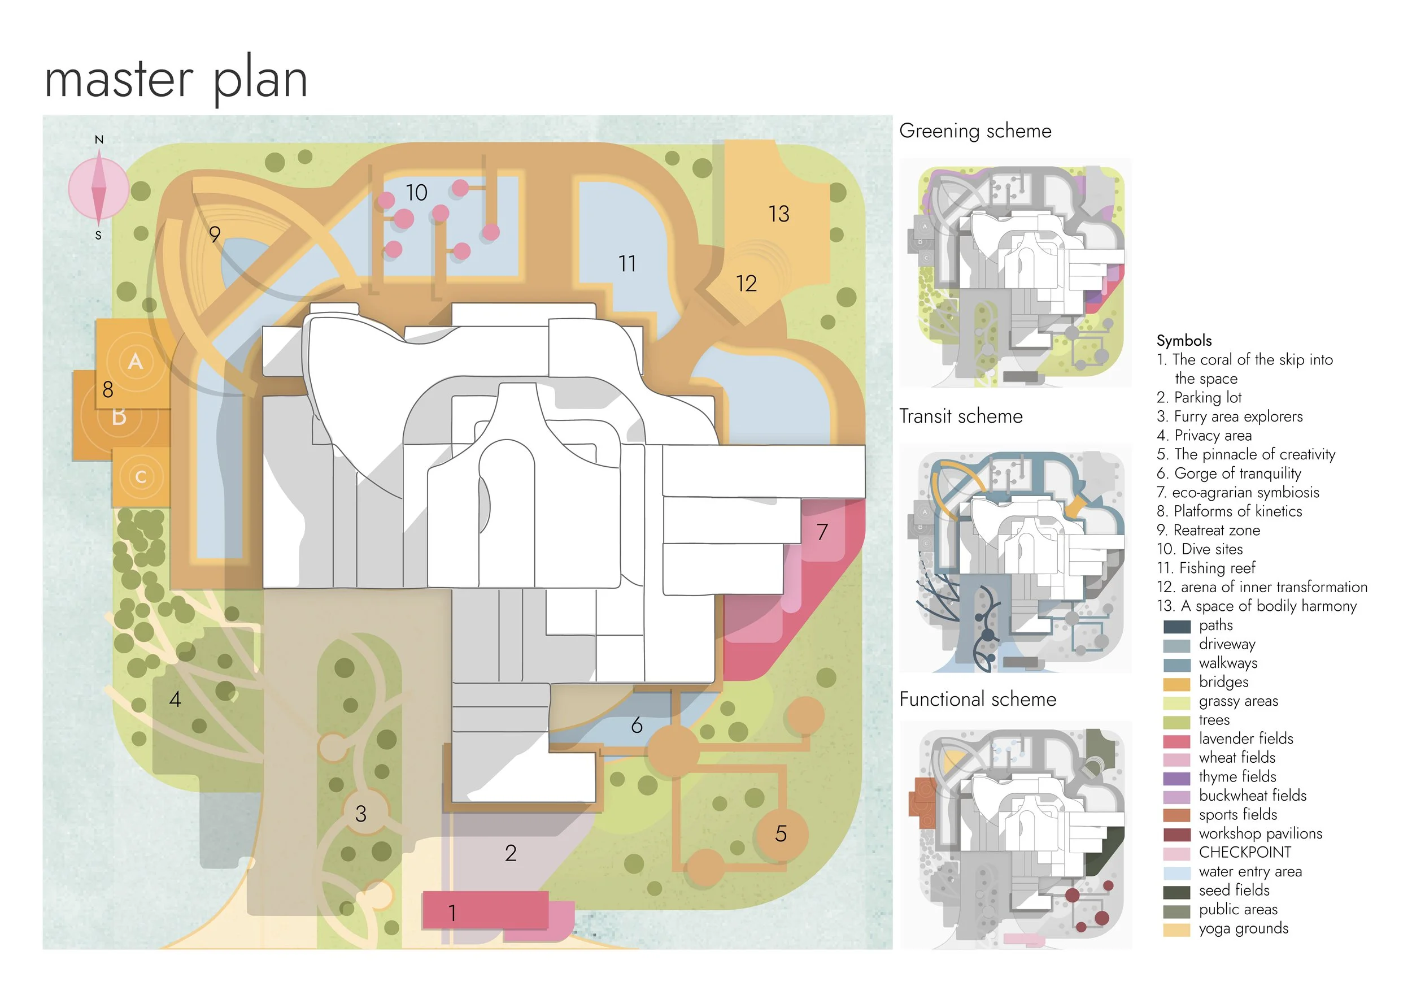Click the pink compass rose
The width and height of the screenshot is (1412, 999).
click(98, 188)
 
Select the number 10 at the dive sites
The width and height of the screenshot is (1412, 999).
click(416, 193)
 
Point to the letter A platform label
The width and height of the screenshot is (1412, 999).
click(136, 361)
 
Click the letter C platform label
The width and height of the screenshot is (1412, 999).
click(141, 477)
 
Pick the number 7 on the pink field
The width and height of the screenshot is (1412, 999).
click(822, 532)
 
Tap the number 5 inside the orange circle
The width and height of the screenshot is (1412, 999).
click(781, 833)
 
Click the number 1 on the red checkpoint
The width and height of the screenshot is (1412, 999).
click(452, 913)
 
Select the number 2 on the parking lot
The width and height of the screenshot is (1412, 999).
click(511, 853)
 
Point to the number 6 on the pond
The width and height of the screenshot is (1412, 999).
click(637, 726)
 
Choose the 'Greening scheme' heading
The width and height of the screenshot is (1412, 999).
click(975, 131)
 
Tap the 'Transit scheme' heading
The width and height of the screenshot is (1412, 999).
click(961, 416)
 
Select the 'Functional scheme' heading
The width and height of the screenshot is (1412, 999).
click(978, 700)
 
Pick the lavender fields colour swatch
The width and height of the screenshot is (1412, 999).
click(1176, 740)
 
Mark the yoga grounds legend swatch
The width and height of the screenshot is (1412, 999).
click(1176, 929)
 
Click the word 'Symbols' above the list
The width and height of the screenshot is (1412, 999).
click(1184, 341)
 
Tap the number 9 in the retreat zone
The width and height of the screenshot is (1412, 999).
click(215, 234)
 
